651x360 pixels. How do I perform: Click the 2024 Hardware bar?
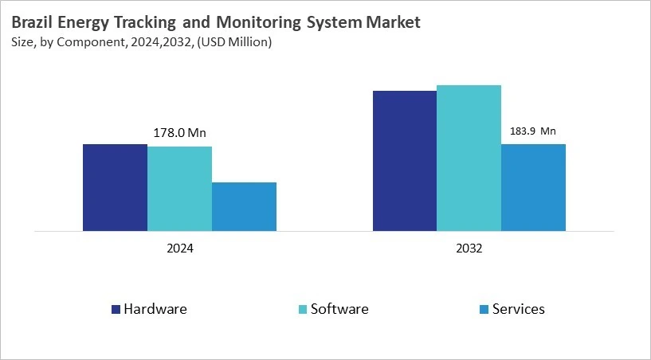pyautogui.click(x=115, y=187)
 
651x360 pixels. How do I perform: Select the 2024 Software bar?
pyautogui.click(x=179, y=189)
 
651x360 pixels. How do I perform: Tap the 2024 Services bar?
pyautogui.click(x=244, y=206)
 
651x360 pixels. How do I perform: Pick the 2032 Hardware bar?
pyautogui.click(x=405, y=161)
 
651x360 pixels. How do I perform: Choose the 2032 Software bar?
pyautogui.click(x=469, y=158)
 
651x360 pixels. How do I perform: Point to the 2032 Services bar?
pyautogui.click(x=533, y=187)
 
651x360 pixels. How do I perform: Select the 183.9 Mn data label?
pyautogui.click(x=532, y=131)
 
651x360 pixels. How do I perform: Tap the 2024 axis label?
pyautogui.click(x=179, y=248)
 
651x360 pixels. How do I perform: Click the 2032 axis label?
pyautogui.click(x=469, y=248)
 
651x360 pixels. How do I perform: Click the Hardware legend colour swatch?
pyautogui.click(x=116, y=309)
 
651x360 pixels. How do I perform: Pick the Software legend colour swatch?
pyautogui.click(x=302, y=309)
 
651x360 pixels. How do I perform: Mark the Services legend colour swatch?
pyautogui.click(x=484, y=309)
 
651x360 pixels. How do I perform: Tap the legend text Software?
pyautogui.click(x=339, y=309)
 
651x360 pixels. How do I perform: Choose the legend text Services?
pyautogui.click(x=519, y=309)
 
